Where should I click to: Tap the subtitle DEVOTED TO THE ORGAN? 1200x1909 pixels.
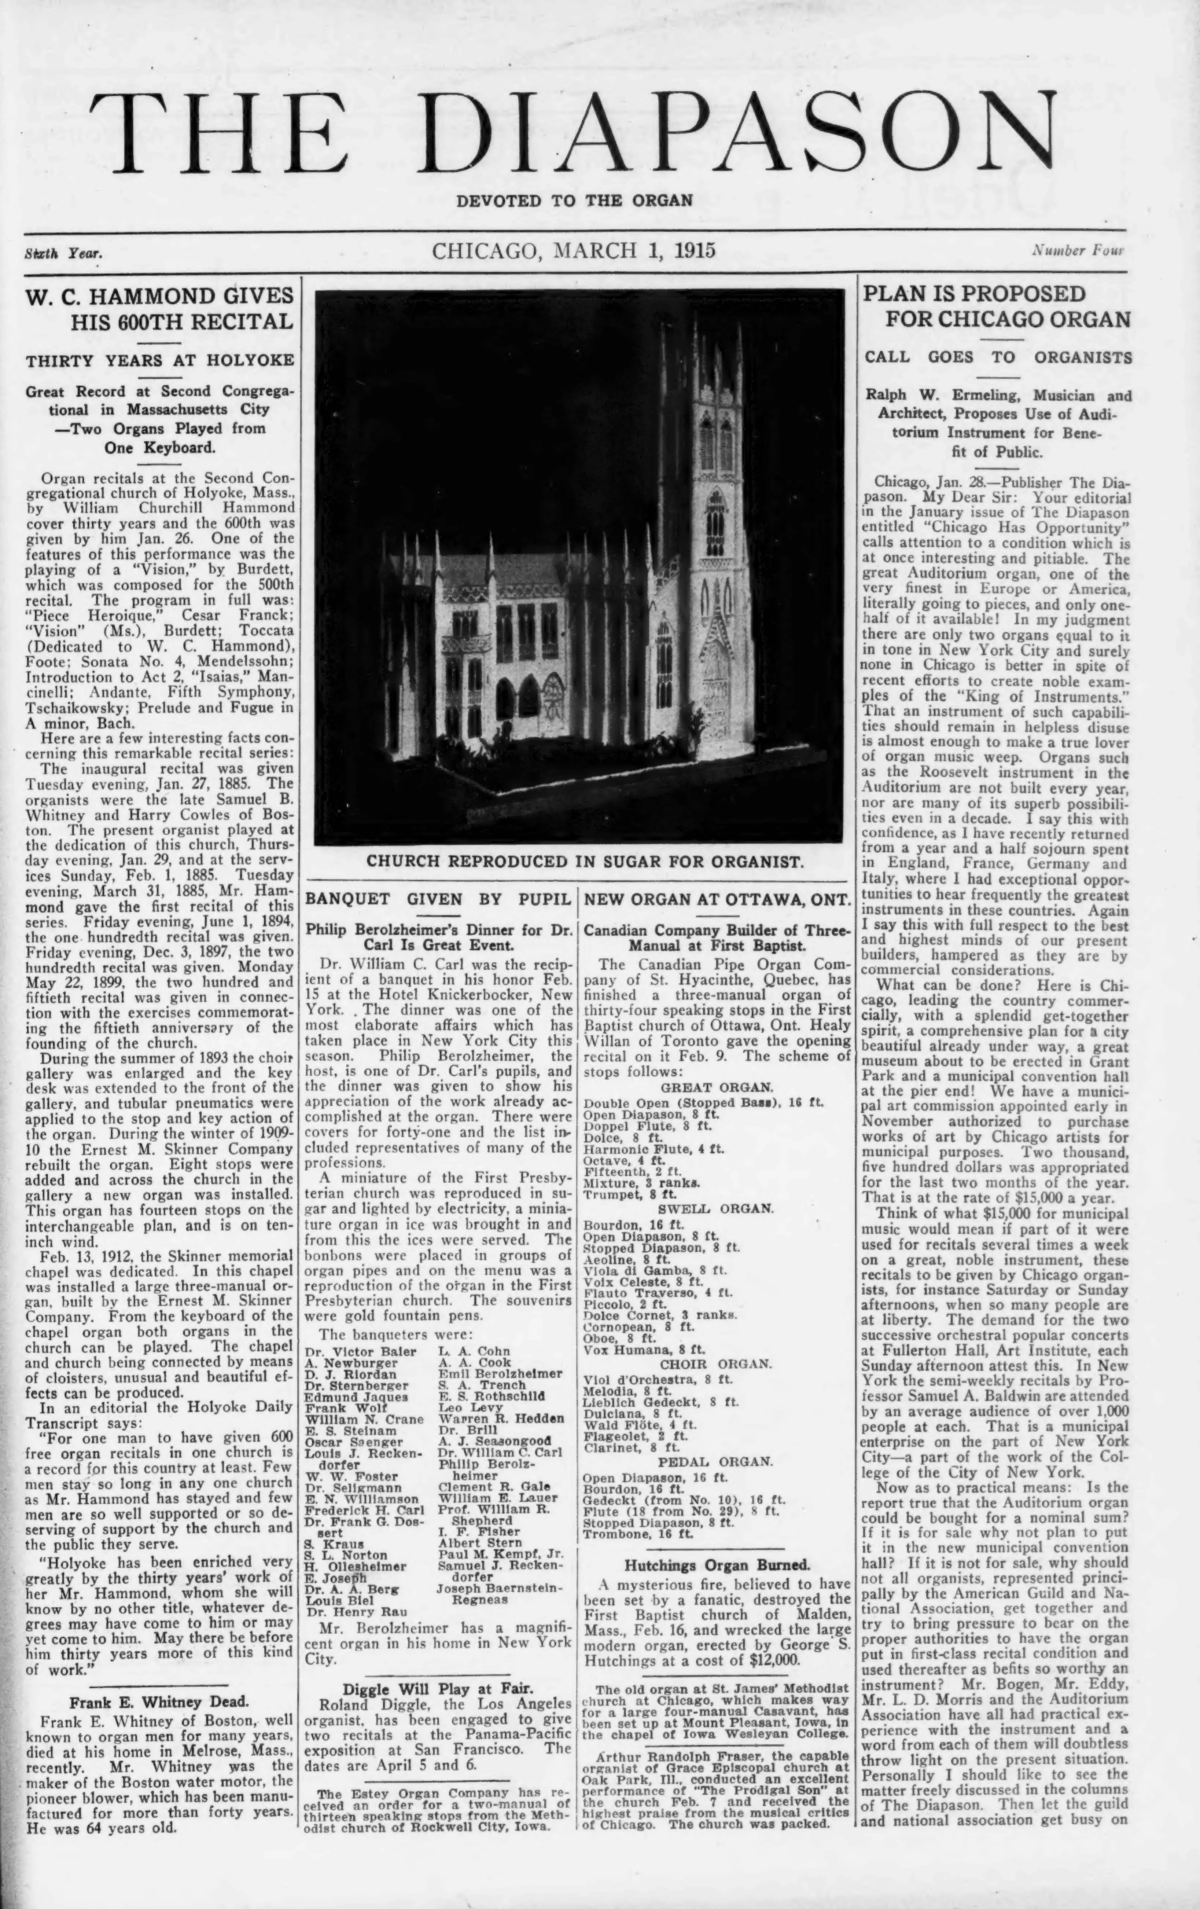(574, 201)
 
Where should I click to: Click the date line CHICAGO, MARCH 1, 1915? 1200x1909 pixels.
(574, 251)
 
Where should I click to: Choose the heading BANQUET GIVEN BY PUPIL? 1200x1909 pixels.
(438, 899)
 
